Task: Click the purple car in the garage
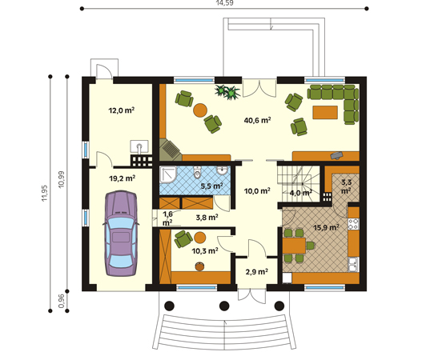click(x=121, y=233)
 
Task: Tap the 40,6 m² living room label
click(x=258, y=120)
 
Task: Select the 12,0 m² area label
click(x=122, y=110)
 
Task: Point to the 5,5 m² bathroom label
click(x=211, y=186)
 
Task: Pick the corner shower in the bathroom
click(x=168, y=174)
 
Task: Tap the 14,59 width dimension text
click(x=224, y=2)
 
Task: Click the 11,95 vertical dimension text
click(x=45, y=194)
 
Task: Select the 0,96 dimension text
click(x=62, y=301)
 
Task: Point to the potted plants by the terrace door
click(x=228, y=92)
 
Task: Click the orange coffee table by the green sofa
click(x=325, y=112)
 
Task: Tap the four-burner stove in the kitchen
click(x=353, y=224)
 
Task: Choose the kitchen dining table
click(x=294, y=246)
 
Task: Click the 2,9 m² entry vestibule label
click(x=257, y=272)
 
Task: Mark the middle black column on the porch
click(x=224, y=306)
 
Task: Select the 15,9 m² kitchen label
click(x=326, y=227)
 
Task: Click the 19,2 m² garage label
click(x=122, y=178)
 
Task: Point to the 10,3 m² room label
click(x=205, y=250)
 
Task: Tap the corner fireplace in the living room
click(x=170, y=150)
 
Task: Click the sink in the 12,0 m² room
click(x=139, y=146)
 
